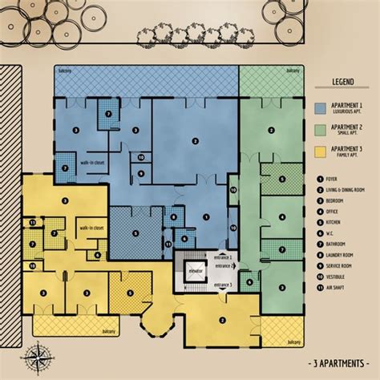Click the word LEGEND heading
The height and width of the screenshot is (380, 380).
[x=343, y=82]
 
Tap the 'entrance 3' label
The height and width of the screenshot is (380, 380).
[x=221, y=285]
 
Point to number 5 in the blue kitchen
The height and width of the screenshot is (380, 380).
[x=135, y=234]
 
